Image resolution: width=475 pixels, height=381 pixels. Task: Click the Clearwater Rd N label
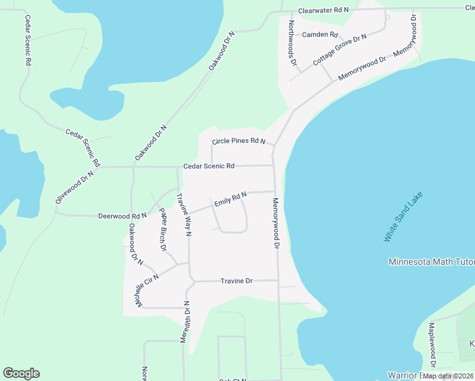tap(323, 11)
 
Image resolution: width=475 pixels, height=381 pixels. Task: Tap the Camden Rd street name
tap(320, 34)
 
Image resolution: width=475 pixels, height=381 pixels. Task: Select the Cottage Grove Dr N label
tap(340, 51)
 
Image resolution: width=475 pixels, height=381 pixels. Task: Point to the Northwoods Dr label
tap(292, 43)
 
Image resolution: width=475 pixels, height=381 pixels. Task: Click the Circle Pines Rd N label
tap(238, 140)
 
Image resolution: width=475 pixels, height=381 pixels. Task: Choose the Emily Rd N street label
tap(230, 200)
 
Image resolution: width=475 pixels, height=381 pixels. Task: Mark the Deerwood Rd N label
tap(123, 216)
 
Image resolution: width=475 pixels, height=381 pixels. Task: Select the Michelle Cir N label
tap(146, 291)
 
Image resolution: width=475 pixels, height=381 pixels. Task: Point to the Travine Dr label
tap(237, 281)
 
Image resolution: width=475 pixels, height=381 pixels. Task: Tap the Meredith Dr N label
tap(185, 322)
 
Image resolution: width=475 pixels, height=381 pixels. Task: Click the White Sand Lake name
tap(403, 217)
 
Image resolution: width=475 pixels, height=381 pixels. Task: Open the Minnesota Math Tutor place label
tap(431, 262)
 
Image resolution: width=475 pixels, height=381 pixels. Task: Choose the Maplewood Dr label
tap(431, 345)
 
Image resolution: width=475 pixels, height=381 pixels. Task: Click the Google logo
tap(21, 373)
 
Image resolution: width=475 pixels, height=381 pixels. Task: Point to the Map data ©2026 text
tap(448, 376)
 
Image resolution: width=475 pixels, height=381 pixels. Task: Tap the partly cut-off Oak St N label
tap(232, 379)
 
